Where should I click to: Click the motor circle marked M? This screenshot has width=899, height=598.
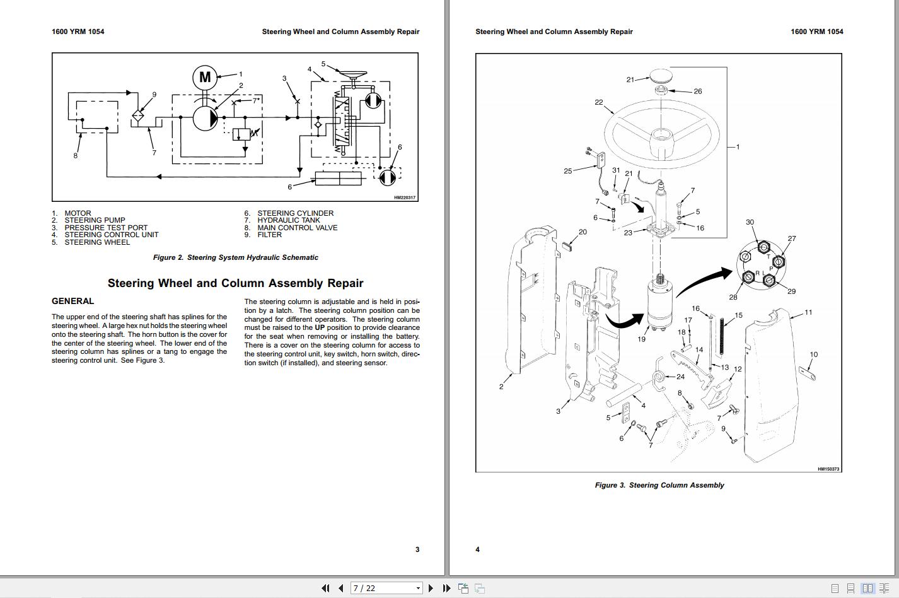(x=205, y=78)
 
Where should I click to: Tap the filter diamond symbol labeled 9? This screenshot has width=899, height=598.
(x=139, y=116)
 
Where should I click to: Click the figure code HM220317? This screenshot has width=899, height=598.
(x=405, y=197)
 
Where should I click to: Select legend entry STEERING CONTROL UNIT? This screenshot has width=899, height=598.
(x=111, y=235)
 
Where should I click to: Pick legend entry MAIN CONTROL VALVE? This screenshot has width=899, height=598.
(x=297, y=228)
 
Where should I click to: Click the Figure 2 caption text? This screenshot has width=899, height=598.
(x=235, y=257)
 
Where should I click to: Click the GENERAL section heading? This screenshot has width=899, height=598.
(x=72, y=302)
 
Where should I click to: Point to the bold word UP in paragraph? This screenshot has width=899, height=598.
(x=320, y=328)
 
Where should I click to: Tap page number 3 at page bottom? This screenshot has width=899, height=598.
(x=417, y=549)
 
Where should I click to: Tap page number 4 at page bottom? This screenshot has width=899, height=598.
(x=477, y=549)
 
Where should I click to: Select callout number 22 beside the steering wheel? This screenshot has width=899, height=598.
(x=598, y=102)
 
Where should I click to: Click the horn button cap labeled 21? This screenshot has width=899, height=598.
(x=661, y=76)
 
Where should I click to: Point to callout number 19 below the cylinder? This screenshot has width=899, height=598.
(x=641, y=339)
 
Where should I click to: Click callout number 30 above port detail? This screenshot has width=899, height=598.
(x=750, y=222)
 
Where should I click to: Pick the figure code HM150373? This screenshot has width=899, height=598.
(x=828, y=469)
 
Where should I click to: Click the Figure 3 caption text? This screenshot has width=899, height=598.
(x=659, y=485)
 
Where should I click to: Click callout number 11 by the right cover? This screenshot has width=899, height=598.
(x=808, y=312)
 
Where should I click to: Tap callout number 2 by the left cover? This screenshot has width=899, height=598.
(x=501, y=387)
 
